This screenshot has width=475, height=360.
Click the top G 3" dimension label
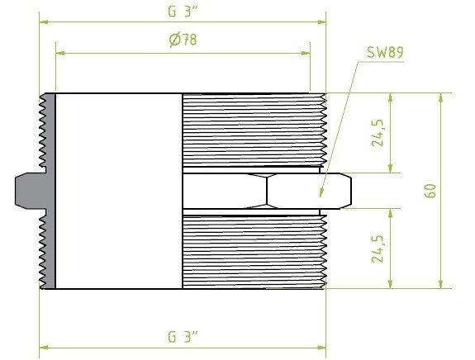pos(183,12)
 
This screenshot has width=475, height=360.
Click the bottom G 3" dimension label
pos(183,337)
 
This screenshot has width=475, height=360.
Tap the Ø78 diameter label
pos(183,40)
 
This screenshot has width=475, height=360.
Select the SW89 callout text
pos(385,52)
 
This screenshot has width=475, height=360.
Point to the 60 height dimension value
pos(430,191)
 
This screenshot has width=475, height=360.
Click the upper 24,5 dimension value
pos(378,133)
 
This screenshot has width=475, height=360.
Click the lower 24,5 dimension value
pos(378,249)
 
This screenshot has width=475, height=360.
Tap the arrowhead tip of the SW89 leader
pos(320,197)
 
